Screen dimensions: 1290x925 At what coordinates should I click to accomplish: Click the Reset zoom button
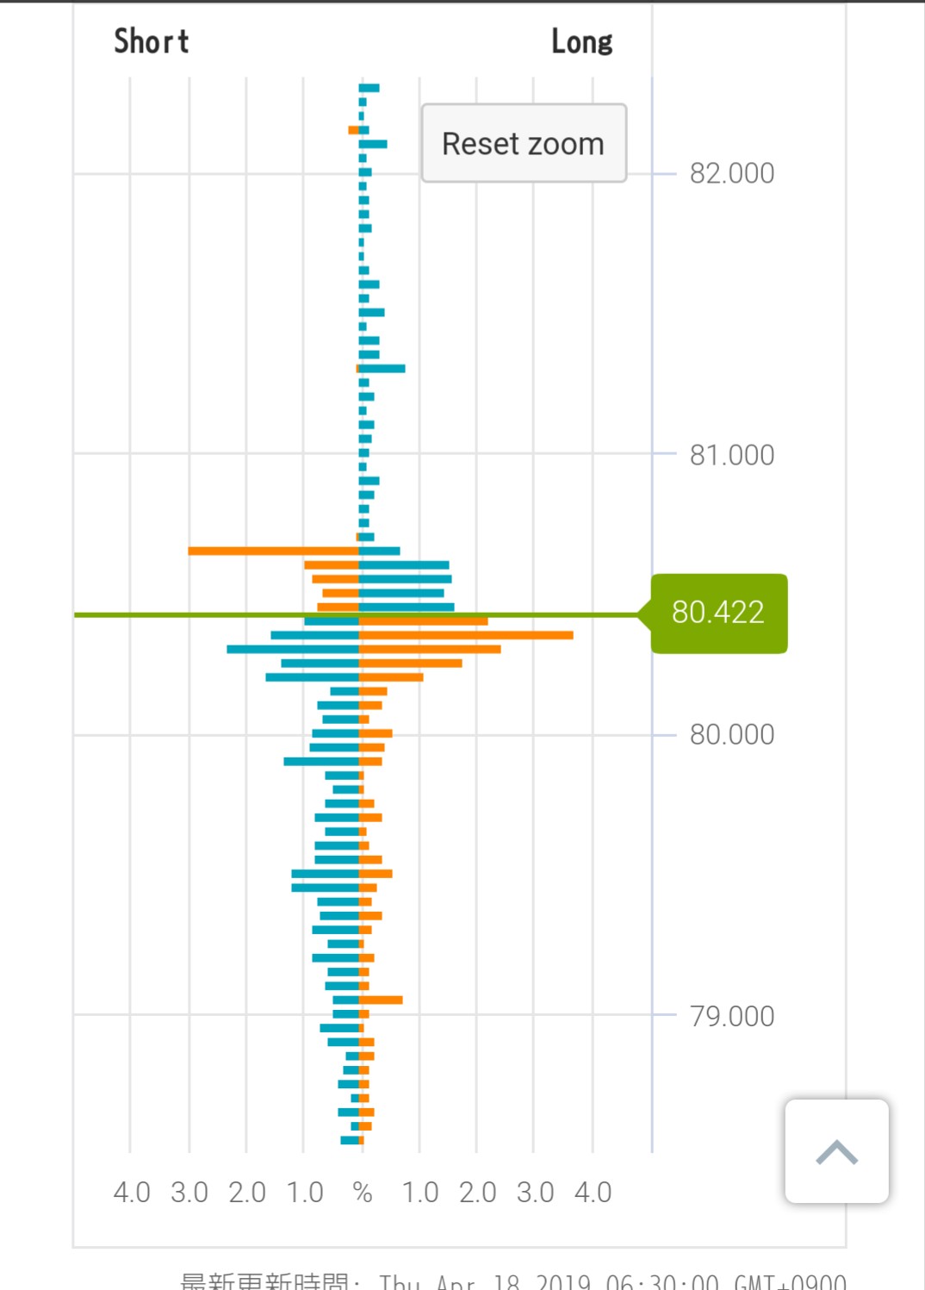tap(524, 143)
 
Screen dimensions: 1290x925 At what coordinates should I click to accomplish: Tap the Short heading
tap(152, 41)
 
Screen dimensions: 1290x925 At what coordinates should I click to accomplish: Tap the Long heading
tap(581, 41)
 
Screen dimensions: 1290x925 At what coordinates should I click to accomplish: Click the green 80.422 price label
tap(718, 613)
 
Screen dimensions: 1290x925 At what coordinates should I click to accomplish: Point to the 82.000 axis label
tap(731, 173)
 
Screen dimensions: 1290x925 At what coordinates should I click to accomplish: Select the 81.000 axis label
tap(731, 455)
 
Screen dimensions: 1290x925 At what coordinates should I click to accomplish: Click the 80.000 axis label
tap(731, 734)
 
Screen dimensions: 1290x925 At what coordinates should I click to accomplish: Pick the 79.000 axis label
tap(731, 1016)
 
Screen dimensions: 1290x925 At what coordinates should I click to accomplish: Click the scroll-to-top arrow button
tap(836, 1151)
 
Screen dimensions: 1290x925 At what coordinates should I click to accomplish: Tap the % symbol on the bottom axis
tap(363, 1193)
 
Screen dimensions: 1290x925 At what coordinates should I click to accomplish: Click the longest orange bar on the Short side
tap(273, 551)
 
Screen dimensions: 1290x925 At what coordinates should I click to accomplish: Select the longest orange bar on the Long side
tap(466, 635)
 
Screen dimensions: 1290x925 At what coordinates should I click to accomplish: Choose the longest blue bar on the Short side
tap(293, 649)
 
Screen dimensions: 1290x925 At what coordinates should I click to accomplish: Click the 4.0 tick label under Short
tap(132, 1193)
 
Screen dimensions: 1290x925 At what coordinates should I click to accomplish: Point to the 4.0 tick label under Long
tap(593, 1193)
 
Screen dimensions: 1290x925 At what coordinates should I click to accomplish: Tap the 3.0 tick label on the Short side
tap(189, 1193)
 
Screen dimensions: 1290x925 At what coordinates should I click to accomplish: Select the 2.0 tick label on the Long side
tap(477, 1193)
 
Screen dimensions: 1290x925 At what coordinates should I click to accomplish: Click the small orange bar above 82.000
tap(353, 130)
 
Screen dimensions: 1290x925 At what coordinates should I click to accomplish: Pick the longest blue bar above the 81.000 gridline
tap(382, 369)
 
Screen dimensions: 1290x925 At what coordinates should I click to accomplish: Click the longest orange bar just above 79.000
tap(381, 1000)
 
